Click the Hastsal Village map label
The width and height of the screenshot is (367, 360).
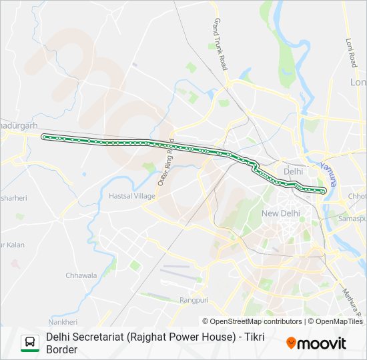point(132,196)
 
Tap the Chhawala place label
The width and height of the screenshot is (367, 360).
point(81,275)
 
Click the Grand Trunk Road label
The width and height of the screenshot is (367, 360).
point(220,45)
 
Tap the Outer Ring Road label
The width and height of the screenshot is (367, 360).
point(166,164)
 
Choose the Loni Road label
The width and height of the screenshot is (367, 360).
point(351,51)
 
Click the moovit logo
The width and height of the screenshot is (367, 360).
point(316,343)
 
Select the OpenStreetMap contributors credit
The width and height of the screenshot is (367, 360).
point(252,321)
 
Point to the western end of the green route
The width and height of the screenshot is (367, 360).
point(44,137)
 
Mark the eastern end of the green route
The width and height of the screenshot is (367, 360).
point(324,191)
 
